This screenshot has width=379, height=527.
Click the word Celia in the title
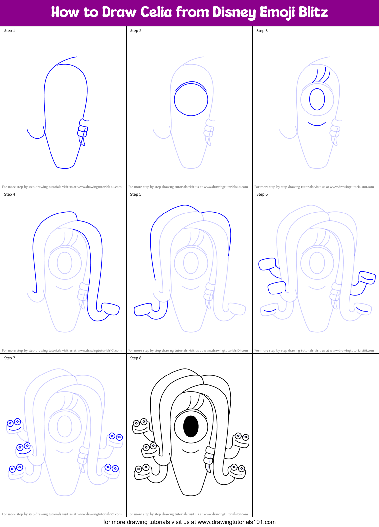point(156,12)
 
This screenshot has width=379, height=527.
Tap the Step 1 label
point(10,31)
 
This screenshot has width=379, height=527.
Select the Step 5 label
point(136,194)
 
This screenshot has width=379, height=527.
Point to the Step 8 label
point(136,358)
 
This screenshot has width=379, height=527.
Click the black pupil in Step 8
point(191,426)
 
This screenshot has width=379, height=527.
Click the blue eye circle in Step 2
point(191,99)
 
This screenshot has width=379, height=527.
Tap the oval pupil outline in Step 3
point(317,99)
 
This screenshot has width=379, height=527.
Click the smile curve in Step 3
point(317,124)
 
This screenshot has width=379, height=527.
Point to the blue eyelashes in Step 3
point(321,75)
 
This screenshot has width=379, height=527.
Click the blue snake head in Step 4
point(111,309)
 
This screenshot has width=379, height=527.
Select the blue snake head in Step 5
point(143,310)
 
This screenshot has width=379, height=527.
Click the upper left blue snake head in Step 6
point(267,264)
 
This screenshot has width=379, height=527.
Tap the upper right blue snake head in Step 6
point(367,277)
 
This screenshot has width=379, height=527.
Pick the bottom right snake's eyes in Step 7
point(111,468)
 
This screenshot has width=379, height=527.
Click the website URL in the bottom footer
point(237,522)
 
